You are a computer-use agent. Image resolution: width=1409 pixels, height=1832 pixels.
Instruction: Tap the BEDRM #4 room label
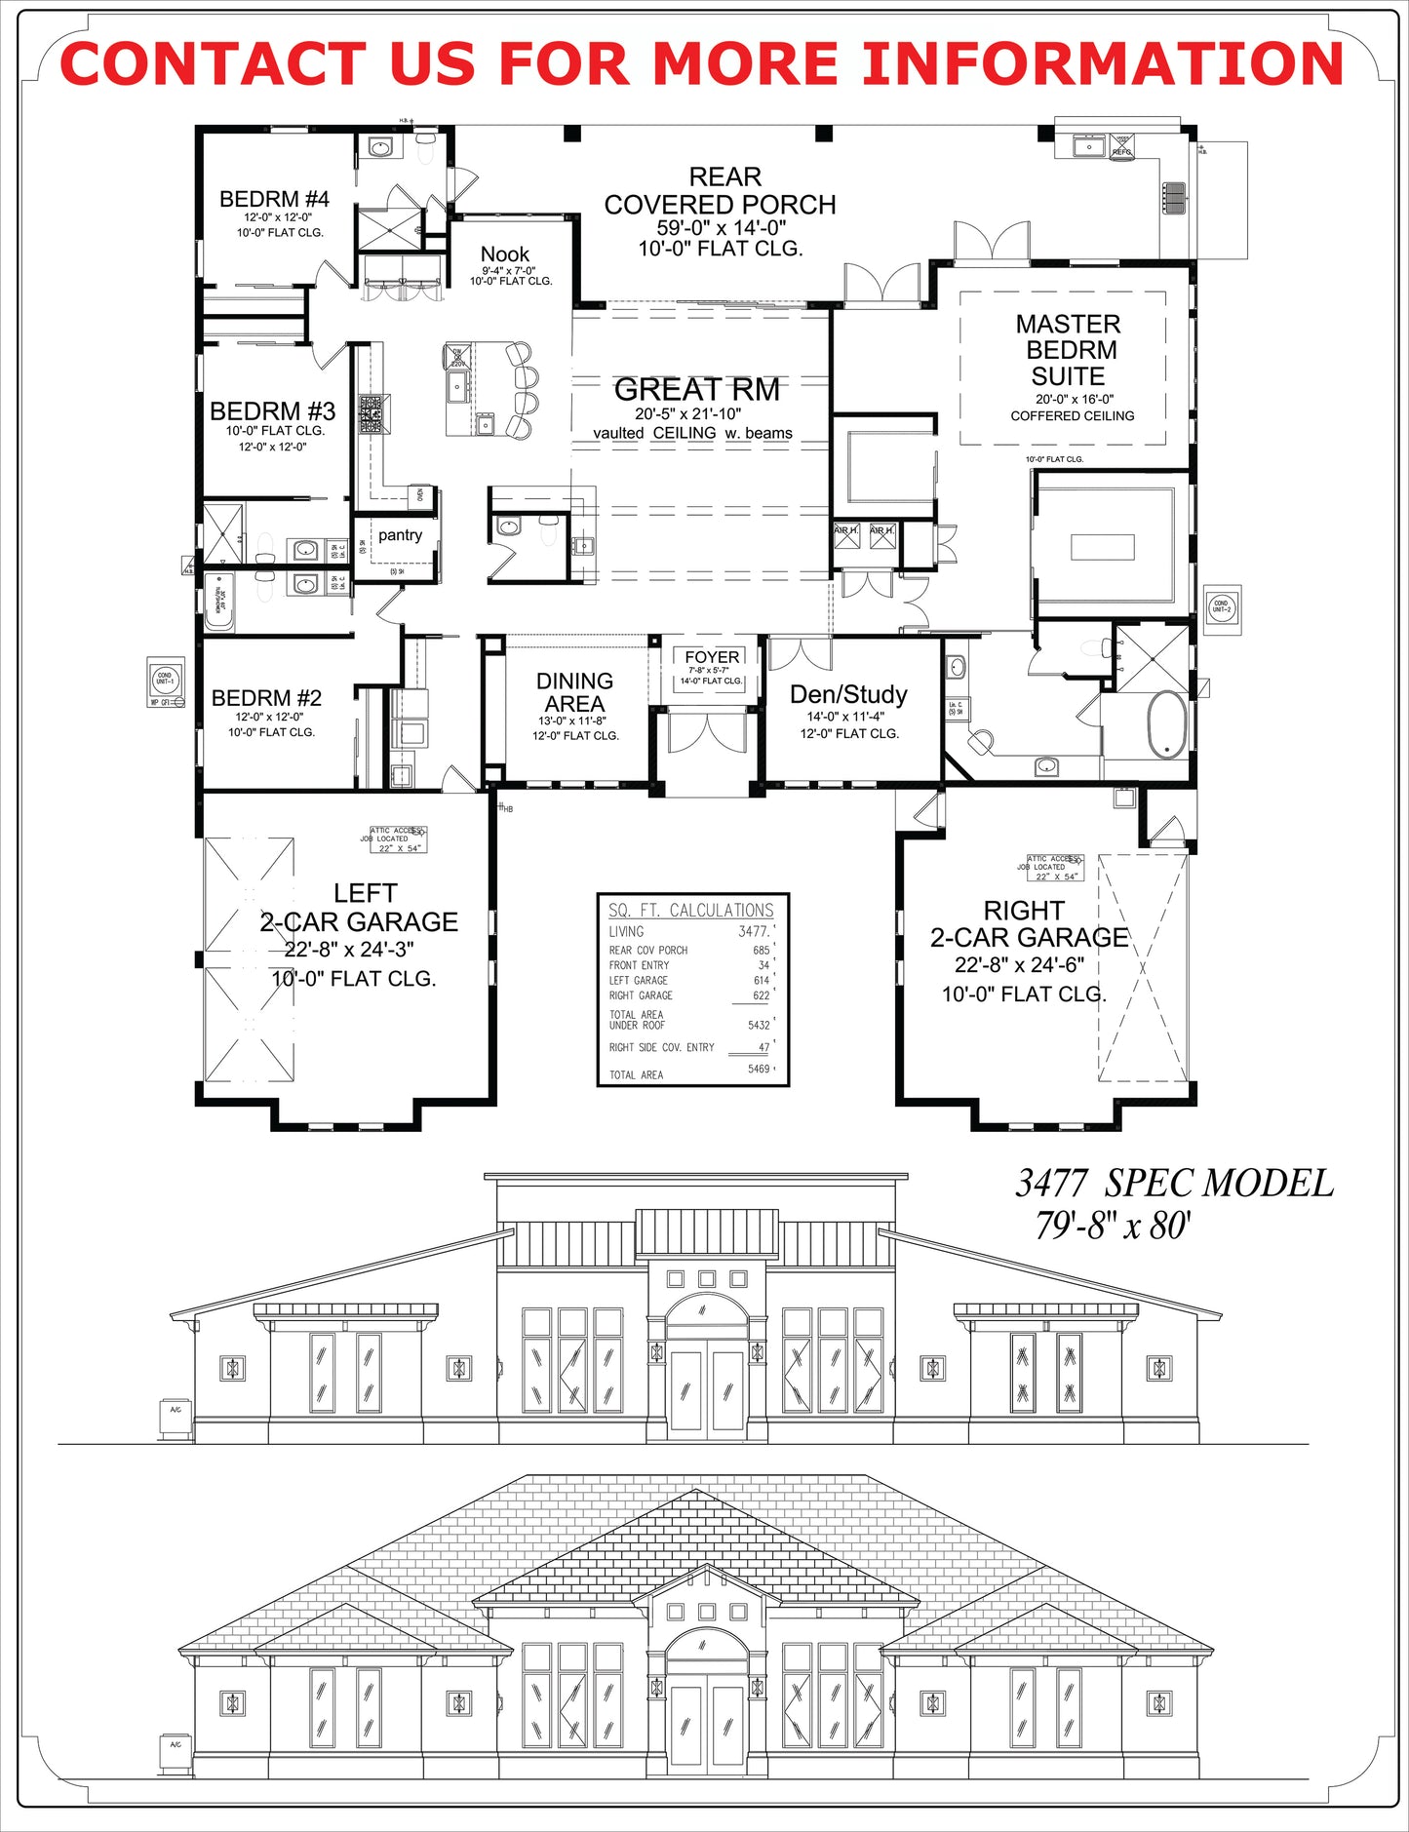coord(274,200)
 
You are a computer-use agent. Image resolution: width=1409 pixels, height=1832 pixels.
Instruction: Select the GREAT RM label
coord(696,390)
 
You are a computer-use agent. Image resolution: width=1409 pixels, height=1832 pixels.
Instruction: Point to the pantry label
coord(400,535)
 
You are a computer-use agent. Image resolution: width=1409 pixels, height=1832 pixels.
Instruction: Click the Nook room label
coord(505,254)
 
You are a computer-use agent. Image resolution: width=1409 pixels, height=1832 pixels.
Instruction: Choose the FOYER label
coord(712,657)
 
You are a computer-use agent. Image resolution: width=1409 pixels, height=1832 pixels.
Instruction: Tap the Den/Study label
coord(848,694)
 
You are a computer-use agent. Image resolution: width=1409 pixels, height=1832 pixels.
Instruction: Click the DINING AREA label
coord(574,692)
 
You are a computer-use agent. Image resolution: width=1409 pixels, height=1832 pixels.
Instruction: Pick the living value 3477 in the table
coord(753,932)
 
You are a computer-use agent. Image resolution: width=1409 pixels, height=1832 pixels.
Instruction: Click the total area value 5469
coord(759,1070)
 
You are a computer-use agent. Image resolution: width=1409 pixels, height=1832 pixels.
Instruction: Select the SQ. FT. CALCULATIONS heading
coord(690,911)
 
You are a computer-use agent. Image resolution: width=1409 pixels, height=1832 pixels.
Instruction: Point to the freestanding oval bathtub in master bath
coord(1166,724)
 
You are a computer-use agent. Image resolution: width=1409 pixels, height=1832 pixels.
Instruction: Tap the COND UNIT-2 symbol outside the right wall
coord(1222,608)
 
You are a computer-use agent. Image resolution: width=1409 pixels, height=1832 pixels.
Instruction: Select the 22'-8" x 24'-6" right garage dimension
coord(1019,965)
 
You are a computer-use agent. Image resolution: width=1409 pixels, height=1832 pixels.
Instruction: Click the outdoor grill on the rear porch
coord(1174,196)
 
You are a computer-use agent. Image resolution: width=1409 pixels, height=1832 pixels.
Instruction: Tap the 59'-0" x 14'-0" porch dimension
coord(721,228)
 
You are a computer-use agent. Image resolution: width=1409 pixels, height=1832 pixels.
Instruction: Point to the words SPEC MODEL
coord(1219,1184)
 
